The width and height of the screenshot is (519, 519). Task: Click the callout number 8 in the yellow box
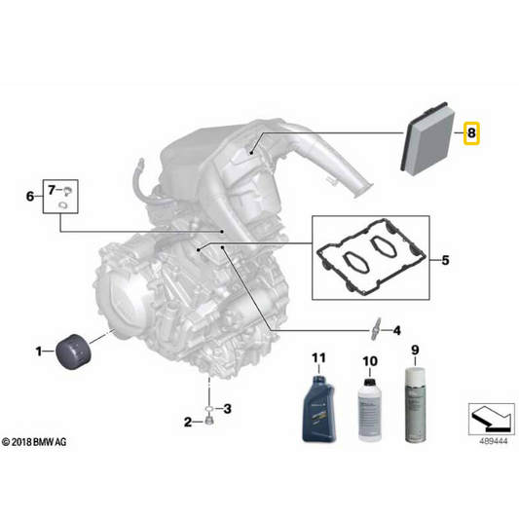click(x=471, y=133)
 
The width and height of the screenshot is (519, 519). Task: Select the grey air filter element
click(x=427, y=138)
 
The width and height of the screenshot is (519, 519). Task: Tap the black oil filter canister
click(x=73, y=352)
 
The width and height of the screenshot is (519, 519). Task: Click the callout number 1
click(x=39, y=352)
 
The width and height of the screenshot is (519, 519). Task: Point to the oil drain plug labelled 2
click(x=208, y=421)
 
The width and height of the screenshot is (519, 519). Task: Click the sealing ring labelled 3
click(x=208, y=409)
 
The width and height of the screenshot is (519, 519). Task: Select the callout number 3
click(x=228, y=409)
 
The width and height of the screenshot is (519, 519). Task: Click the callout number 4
click(x=396, y=330)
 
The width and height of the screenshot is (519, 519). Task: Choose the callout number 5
click(x=446, y=260)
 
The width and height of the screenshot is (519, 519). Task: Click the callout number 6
click(x=30, y=197)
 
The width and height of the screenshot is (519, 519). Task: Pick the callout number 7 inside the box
click(x=52, y=190)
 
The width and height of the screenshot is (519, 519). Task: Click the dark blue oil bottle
click(x=319, y=408)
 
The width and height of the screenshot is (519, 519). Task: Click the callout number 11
click(x=318, y=357)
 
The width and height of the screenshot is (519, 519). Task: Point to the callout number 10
click(x=370, y=361)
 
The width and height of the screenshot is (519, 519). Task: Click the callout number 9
click(x=415, y=350)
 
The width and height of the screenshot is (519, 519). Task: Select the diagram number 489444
click(x=494, y=441)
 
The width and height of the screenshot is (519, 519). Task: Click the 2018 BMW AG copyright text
click(x=34, y=442)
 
